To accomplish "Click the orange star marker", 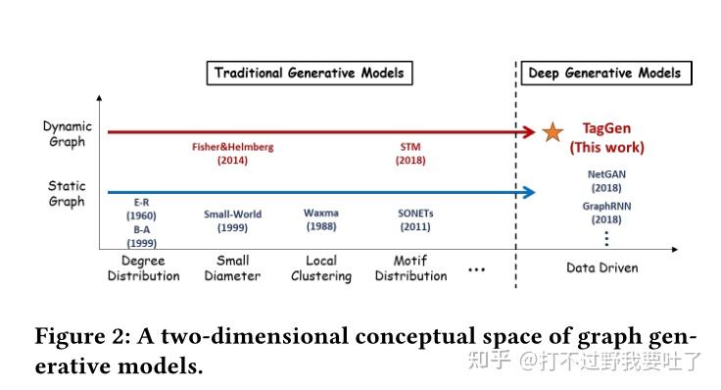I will point(553,131).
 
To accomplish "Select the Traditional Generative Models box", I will point(309,73).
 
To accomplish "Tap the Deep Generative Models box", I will point(603,73).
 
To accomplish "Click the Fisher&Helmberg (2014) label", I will point(232,154).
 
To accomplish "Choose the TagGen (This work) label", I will point(607,138).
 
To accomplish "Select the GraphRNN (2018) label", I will point(604,214).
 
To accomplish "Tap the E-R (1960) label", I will point(141,208).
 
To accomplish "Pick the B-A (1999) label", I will point(141,235).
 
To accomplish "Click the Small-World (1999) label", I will point(232,219).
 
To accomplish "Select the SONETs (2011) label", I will point(415,219).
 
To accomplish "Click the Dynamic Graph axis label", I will point(67,134).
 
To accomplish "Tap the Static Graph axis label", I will point(67,193).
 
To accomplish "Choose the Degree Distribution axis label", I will point(143,268).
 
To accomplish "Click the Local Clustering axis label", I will point(321,268).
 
